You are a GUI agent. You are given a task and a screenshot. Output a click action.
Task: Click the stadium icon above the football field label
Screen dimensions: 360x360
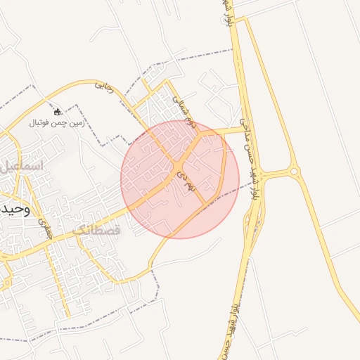(x=58, y=111)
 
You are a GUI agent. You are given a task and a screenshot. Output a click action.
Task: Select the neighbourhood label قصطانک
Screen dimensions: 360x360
(x=96, y=230)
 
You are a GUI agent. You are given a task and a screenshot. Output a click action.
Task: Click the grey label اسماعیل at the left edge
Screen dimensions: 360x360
(x=21, y=167)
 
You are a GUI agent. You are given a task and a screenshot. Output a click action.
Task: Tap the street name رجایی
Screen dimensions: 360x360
(x=104, y=87)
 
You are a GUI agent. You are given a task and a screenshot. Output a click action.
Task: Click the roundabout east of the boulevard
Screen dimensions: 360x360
(x=293, y=171)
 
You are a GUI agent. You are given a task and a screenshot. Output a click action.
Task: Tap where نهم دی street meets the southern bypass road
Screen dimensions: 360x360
(x=205, y=205)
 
